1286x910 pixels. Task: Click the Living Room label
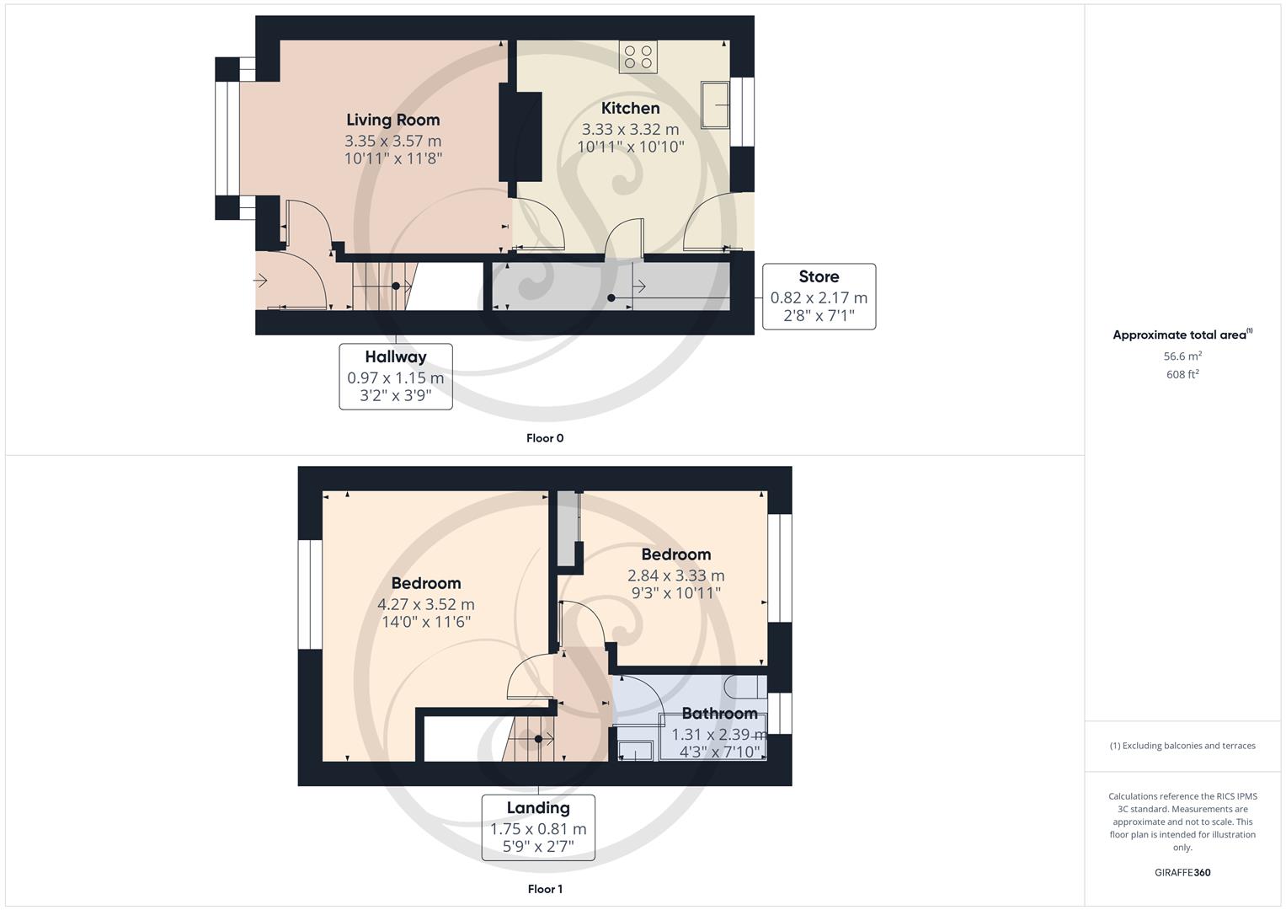tap(392, 120)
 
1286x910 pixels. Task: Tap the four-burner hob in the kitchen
tap(638, 56)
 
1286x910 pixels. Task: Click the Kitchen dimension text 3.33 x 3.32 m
tap(630, 129)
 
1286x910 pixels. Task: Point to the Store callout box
tap(818, 297)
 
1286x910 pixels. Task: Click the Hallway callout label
tap(395, 357)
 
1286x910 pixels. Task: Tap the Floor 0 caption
tap(544, 438)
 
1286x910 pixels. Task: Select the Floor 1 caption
tap(544, 889)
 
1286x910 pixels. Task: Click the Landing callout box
tap(538, 827)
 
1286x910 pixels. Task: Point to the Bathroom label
tap(719, 713)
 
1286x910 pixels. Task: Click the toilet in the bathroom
tap(750, 687)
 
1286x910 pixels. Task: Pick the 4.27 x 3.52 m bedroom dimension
tap(425, 604)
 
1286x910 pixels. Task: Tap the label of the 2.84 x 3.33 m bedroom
tap(675, 554)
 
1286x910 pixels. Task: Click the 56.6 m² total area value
tap(1182, 356)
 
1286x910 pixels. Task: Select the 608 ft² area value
tap(1182, 374)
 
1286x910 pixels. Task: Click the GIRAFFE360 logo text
tap(1182, 872)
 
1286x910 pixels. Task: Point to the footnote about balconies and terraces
tap(1182, 746)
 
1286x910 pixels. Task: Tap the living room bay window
tap(227, 138)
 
